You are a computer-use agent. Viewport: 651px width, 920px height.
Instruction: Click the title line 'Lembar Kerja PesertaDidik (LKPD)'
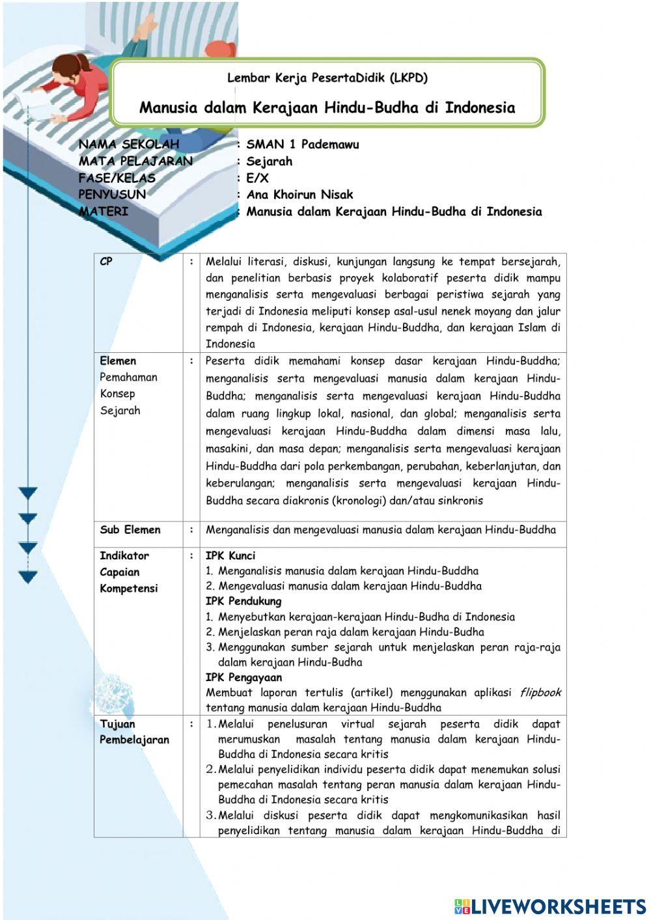click(327, 78)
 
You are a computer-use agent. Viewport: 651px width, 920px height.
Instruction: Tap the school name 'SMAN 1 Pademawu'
click(302, 145)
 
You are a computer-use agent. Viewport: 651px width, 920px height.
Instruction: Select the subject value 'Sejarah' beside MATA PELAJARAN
click(269, 161)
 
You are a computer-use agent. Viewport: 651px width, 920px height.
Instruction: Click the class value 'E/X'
click(257, 178)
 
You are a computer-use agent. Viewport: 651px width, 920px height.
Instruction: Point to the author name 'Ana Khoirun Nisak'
click(299, 194)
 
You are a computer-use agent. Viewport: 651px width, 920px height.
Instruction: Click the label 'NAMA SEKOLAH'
click(128, 145)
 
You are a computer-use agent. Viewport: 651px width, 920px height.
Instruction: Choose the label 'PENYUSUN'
click(112, 194)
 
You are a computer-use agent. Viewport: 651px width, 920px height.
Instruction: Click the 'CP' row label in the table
click(106, 262)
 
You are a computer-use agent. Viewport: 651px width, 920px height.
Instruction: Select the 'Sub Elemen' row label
click(130, 530)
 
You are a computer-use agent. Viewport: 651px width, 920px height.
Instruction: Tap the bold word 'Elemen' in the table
click(118, 361)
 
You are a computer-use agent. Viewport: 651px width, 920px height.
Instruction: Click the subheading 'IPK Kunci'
click(230, 556)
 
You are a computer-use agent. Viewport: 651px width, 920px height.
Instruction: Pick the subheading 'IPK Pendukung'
click(243, 602)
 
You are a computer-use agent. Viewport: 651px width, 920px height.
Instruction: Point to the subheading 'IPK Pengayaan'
click(243, 678)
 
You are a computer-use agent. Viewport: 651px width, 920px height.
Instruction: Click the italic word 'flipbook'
click(540, 693)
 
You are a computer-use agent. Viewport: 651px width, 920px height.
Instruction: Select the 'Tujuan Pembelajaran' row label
click(133, 732)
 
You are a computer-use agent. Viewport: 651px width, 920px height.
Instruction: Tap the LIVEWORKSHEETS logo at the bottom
click(550, 906)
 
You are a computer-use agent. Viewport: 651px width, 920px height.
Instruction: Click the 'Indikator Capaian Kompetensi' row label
click(128, 572)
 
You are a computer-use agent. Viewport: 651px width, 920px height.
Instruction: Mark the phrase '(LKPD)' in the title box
click(409, 78)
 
